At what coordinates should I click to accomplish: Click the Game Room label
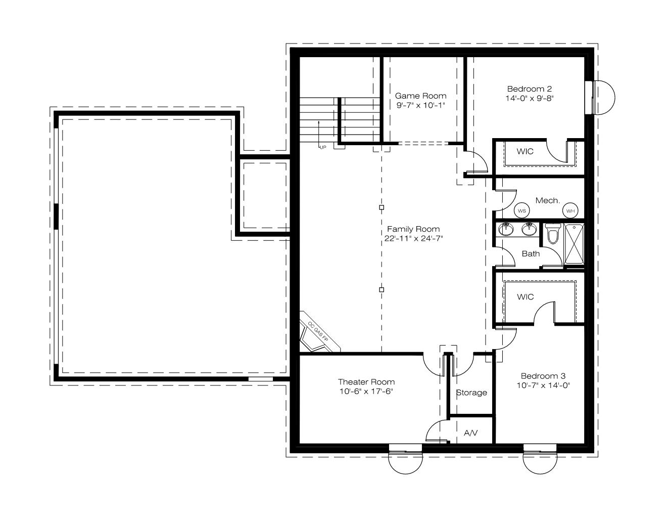point(420,96)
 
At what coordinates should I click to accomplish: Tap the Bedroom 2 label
point(530,89)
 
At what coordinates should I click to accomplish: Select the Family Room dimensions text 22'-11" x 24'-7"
point(413,238)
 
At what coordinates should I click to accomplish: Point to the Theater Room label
point(366,382)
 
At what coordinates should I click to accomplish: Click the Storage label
point(471,393)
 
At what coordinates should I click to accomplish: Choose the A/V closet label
point(470,433)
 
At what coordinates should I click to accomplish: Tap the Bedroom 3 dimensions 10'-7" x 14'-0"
point(543,385)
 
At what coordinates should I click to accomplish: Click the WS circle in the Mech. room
point(522,211)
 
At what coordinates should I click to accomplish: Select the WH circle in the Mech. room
point(570,211)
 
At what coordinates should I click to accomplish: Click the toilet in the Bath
point(553,234)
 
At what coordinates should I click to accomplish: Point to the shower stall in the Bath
point(574,244)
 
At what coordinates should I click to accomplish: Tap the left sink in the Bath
point(506,229)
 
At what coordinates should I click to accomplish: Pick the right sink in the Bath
point(529,229)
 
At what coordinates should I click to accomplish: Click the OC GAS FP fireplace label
point(318,332)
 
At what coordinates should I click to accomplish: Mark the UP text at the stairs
point(323,148)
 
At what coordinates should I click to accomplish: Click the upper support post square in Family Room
point(382,207)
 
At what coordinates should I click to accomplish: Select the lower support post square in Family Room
point(382,289)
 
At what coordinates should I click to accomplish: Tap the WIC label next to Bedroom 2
point(525,151)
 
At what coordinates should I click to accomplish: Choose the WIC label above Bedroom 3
point(525,297)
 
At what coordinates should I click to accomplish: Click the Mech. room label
point(548,201)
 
